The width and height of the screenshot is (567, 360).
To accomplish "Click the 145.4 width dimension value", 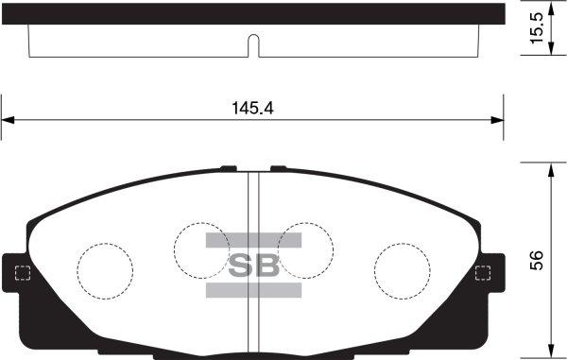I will (252, 108).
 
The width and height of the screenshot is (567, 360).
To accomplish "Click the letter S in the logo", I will (241, 266).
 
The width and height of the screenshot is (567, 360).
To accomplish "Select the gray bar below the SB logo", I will (252, 290).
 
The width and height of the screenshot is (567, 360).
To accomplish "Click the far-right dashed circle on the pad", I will (401, 267).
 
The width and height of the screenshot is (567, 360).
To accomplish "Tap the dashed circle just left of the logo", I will (202, 249).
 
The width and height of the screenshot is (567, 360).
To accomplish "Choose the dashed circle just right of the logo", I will (304, 249).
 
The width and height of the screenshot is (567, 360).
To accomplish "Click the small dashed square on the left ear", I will (24, 275).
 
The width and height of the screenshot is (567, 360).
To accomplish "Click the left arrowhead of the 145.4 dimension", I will (8, 120).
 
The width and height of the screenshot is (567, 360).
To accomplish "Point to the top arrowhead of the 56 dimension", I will (552, 168).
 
